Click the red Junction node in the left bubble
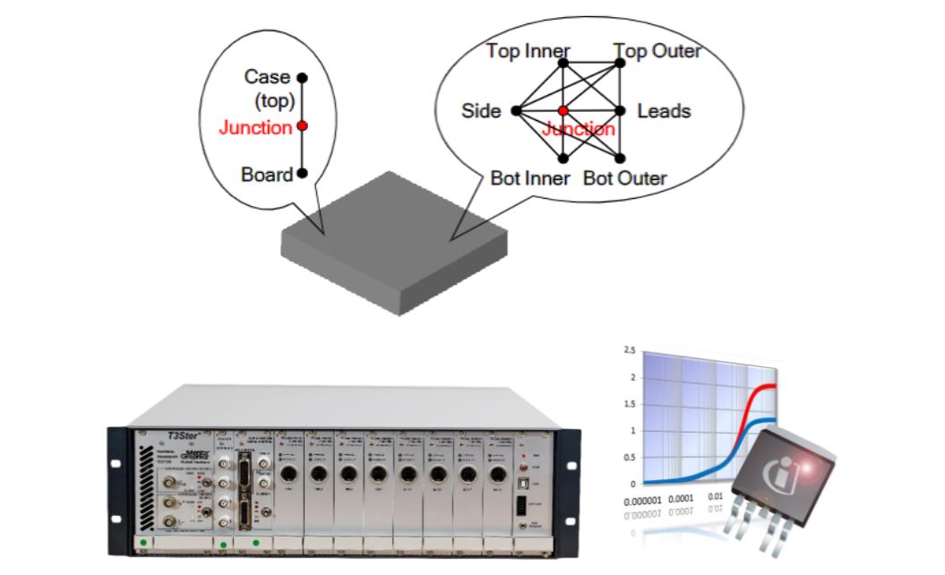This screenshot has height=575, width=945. pos(303,126)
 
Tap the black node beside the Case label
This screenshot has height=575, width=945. pos(303,78)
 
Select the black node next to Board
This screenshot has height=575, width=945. pos(303,173)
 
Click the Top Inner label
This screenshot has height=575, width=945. pos(528,51)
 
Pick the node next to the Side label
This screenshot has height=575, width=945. pos(516,111)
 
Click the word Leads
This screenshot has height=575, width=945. pos(664,111)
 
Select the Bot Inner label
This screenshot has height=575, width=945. pos(529,178)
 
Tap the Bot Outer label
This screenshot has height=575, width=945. pos(624,178)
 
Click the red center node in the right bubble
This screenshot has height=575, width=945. pos(563,111)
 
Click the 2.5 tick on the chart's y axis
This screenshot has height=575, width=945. pos(631,350)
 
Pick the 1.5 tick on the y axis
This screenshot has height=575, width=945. pos(631,404)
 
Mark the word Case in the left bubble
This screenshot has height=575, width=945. pos(268,78)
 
